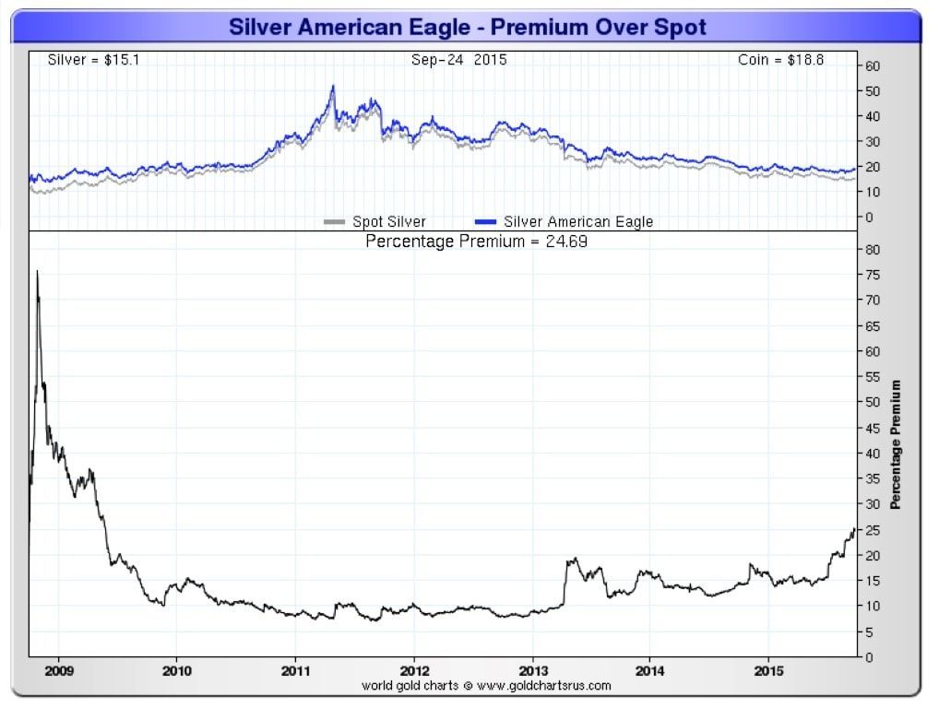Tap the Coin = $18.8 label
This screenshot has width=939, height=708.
tap(780, 60)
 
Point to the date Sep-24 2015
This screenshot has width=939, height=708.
tap(458, 60)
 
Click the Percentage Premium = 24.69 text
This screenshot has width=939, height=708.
tap(476, 242)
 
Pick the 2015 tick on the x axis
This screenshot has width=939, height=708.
tap(770, 670)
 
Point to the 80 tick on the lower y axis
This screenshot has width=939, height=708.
tap(872, 250)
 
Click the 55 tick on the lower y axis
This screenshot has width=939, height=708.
tap(872, 377)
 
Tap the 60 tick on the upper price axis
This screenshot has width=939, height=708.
tap(872, 66)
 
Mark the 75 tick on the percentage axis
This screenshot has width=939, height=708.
tap(872, 276)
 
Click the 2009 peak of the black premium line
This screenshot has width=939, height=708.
tap(37, 271)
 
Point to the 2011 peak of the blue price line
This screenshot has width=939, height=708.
tap(333, 87)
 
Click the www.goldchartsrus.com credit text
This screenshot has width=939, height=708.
tap(487, 685)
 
